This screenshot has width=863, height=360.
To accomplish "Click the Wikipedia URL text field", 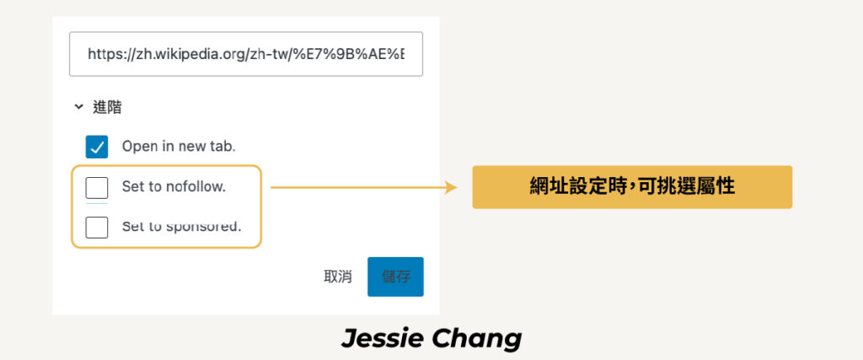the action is (246, 54).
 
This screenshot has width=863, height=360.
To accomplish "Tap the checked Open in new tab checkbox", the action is (97, 147).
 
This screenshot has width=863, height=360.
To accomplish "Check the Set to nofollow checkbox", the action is (97, 188).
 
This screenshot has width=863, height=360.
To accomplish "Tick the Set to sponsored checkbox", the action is (97, 228).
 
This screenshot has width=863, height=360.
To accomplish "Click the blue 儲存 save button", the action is (396, 277).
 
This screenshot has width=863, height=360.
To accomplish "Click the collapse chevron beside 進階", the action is (78, 107).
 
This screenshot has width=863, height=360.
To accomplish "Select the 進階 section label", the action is (107, 107).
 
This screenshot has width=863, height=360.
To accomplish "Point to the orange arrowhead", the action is (452, 188).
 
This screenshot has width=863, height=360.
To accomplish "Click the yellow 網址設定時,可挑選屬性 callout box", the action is (632, 187).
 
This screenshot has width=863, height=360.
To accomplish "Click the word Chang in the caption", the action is (477, 340).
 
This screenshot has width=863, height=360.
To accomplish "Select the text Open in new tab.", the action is (179, 147).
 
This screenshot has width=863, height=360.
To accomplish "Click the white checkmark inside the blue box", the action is (97, 147).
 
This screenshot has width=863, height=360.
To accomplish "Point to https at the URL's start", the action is (102, 54).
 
